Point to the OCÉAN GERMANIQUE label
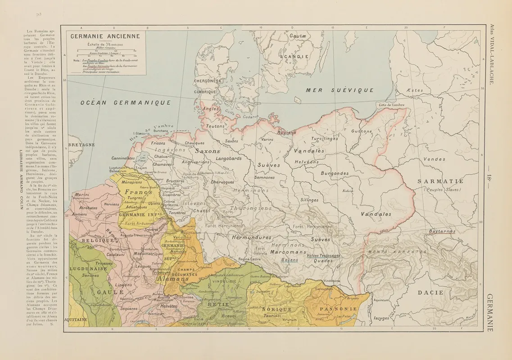click(x=126, y=103)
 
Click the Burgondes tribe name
click(x=347, y=173)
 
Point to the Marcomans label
click(x=288, y=252)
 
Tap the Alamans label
click(x=172, y=279)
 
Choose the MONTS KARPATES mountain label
click(x=398, y=252)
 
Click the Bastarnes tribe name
click(x=442, y=231)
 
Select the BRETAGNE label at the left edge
click(x=82, y=145)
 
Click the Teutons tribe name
click(x=215, y=127)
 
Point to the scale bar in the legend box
click(x=107, y=50)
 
